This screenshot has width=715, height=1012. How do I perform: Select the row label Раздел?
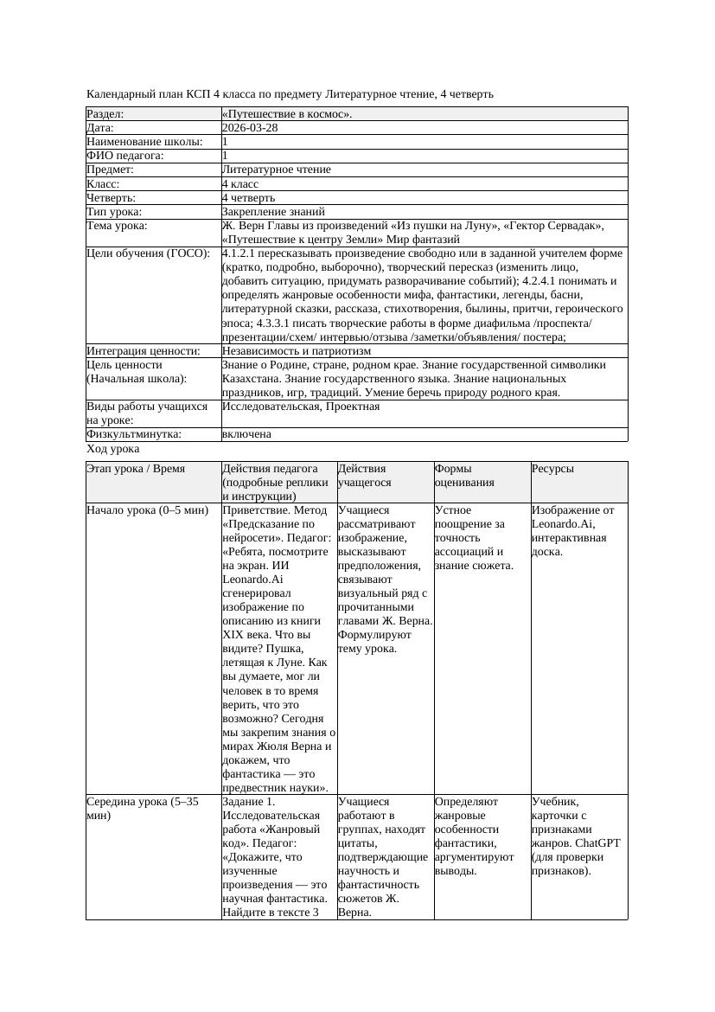(105, 113)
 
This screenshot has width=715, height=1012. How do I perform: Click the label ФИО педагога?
(125, 156)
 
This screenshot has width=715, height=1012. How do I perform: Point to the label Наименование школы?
(145, 141)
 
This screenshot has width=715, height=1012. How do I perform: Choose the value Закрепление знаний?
(273, 211)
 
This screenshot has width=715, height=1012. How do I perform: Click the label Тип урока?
(114, 211)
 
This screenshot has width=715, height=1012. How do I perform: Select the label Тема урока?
(118, 226)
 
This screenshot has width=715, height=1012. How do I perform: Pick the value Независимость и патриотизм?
(297, 351)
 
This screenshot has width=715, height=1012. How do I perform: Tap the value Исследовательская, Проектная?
(301, 407)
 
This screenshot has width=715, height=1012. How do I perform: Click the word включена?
(246, 434)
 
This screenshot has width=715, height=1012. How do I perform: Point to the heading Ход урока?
(113, 449)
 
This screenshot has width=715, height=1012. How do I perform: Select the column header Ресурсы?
(553, 469)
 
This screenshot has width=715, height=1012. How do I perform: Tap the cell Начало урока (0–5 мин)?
(148, 510)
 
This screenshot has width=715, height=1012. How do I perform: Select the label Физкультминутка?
(131, 434)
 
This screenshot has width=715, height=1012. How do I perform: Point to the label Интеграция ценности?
(144, 351)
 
